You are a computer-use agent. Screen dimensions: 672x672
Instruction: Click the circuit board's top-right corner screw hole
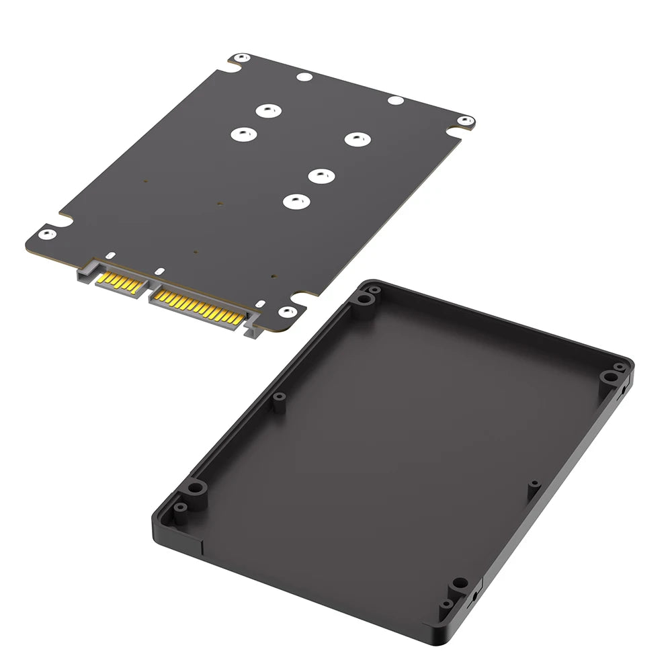point(464,122)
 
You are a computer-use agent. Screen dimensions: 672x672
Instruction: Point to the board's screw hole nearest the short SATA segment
point(45,234)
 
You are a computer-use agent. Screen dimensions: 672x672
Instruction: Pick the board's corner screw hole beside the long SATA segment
point(287,311)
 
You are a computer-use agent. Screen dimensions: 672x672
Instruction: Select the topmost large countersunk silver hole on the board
point(267,111)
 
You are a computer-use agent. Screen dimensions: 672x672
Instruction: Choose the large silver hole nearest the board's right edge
point(357,138)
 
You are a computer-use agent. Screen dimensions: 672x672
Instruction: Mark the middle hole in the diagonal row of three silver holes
point(321,175)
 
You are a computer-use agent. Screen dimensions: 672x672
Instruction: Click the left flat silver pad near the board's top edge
point(303,77)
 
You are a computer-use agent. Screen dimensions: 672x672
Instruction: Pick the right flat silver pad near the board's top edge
point(394,101)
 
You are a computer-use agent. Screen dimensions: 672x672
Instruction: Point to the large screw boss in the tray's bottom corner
point(460,583)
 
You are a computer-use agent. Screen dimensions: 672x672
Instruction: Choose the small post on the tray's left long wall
point(278,398)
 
